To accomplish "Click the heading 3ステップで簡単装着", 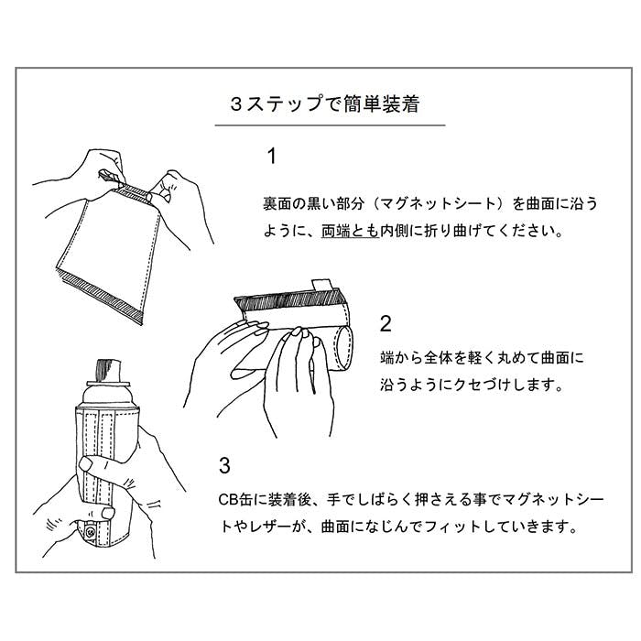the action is click(x=325, y=104).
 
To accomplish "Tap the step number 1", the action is click(x=271, y=157).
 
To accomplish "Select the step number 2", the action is click(x=386, y=324).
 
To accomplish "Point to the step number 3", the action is click(x=224, y=465).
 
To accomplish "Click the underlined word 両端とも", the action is click(x=351, y=231).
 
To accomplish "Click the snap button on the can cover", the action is click(x=91, y=532).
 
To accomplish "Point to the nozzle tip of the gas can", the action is click(x=108, y=370).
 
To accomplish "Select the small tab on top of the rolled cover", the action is click(x=323, y=285).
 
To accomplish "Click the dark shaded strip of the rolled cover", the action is click(x=288, y=299).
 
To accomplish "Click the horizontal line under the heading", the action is click(x=331, y=125).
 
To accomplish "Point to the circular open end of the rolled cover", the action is click(x=343, y=348).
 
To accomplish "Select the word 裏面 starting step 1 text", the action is click(x=277, y=203).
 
